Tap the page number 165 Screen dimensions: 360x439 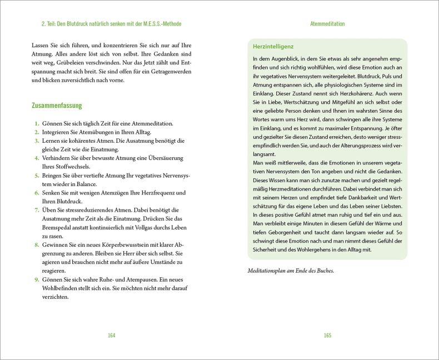click(327, 335)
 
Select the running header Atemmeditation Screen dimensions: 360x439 click(327, 24)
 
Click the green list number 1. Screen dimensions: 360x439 click(36, 123)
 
